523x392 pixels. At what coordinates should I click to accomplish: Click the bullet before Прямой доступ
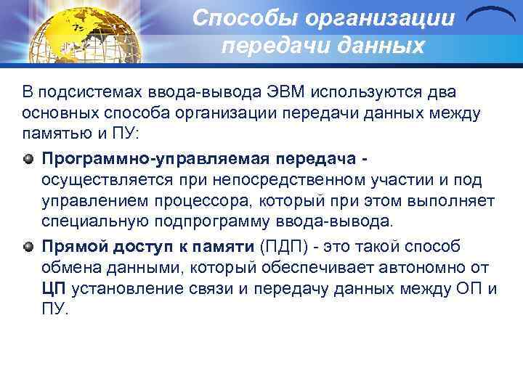click(x=28, y=246)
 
